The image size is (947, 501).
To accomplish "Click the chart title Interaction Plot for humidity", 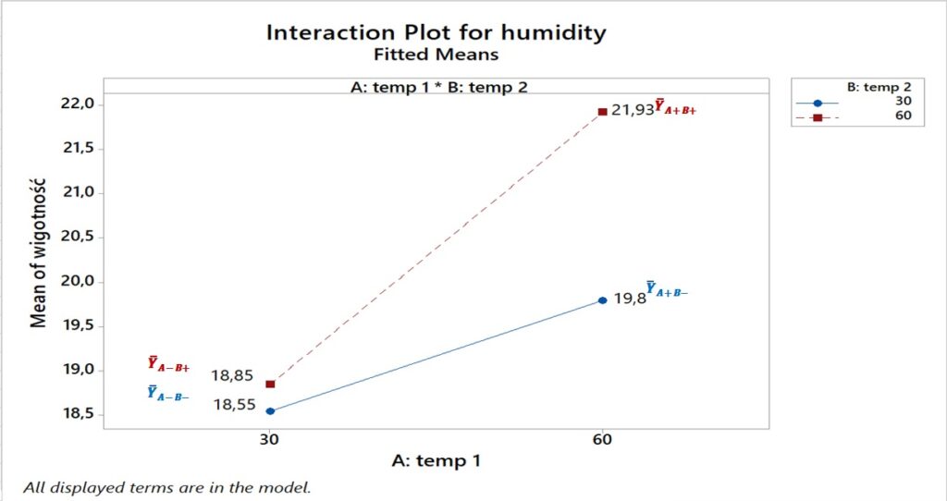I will pyautogui.click(x=436, y=32).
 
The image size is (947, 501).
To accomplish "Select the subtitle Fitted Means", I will pyautogui.click(x=436, y=55).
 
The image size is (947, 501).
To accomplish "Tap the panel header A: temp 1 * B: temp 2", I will pyautogui.click(x=436, y=86).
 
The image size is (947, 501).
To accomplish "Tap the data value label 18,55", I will pyautogui.click(x=235, y=404).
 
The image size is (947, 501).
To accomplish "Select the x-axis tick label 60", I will pyautogui.click(x=602, y=439).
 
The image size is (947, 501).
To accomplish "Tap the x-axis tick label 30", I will pyautogui.click(x=269, y=439).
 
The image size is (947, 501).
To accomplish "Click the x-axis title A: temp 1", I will pyautogui.click(x=436, y=460).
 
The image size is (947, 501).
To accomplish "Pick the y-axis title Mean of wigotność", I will pyautogui.click(x=39, y=260).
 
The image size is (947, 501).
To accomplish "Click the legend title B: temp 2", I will pyautogui.click(x=878, y=86).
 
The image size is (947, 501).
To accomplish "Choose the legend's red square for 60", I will pyautogui.click(x=818, y=117).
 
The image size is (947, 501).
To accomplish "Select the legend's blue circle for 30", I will pyautogui.click(x=818, y=103).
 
